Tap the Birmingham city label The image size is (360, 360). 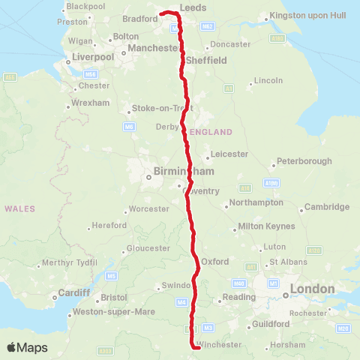(174, 172)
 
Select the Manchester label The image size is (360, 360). (151, 48)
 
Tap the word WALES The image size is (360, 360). (20, 208)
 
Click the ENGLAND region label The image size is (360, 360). (211, 132)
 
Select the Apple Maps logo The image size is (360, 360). (27, 347)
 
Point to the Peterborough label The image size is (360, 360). (304, 161)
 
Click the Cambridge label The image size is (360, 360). (326, 207)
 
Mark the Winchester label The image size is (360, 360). (219, 345)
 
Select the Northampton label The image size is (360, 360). (256, 202)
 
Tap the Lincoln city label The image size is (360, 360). (268, 79)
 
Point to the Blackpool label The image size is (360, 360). (85, 6)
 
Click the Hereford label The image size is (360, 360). (109, 226)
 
